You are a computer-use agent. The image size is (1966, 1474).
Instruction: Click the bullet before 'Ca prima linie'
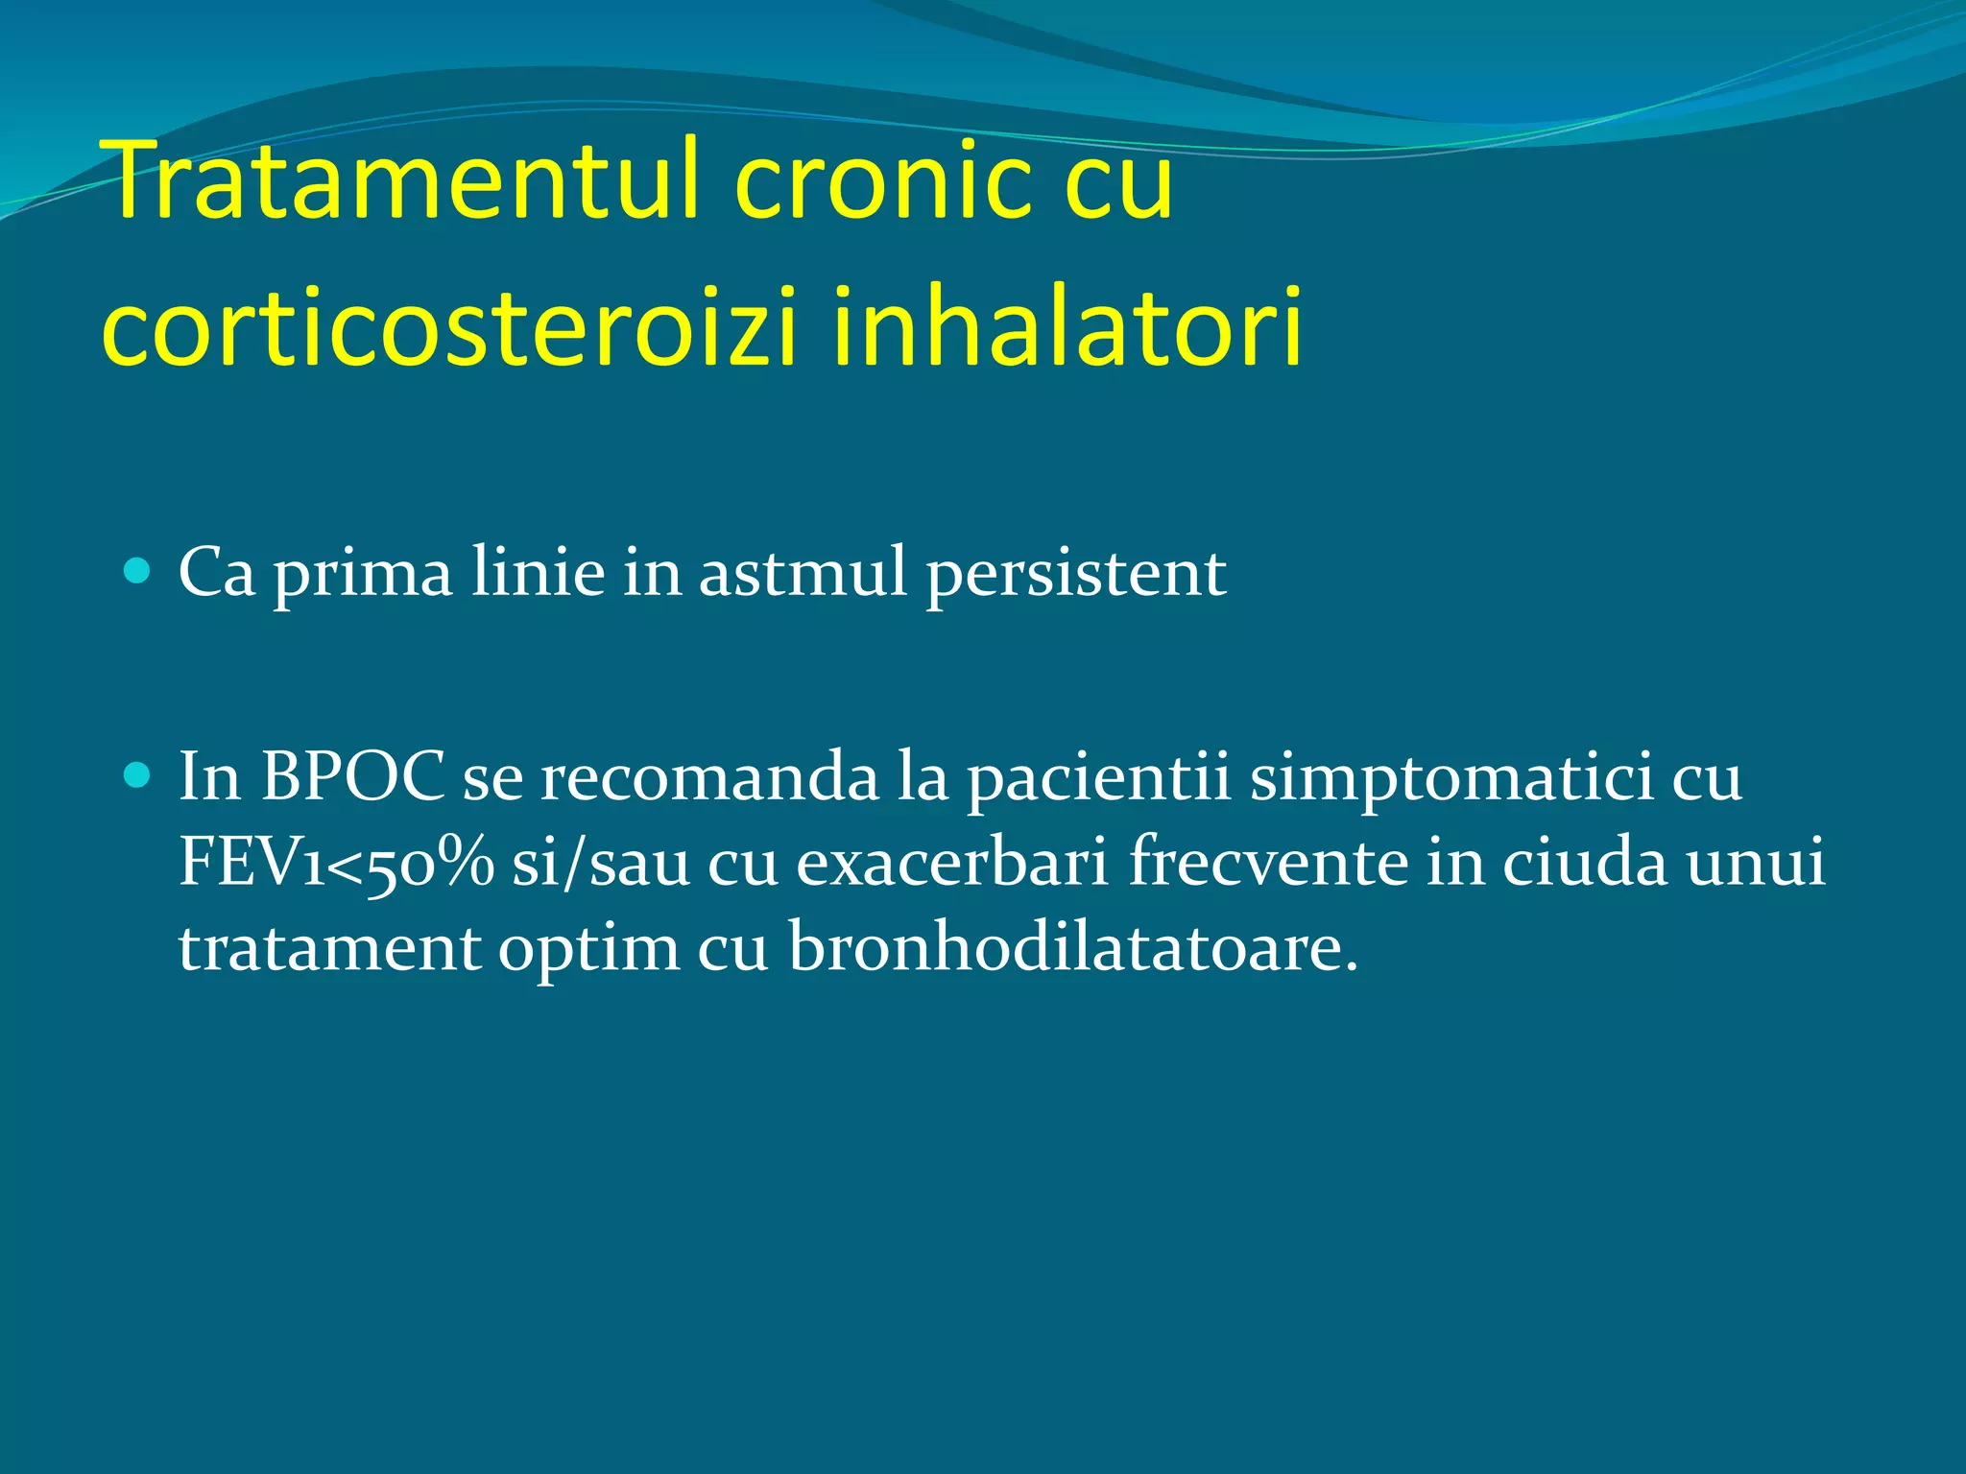point(138,572)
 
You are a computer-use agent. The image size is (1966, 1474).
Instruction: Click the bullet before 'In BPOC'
point(138,774)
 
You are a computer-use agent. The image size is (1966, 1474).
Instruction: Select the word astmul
point(803,574)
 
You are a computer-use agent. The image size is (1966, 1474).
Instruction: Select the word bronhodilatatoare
point(1073,948)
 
